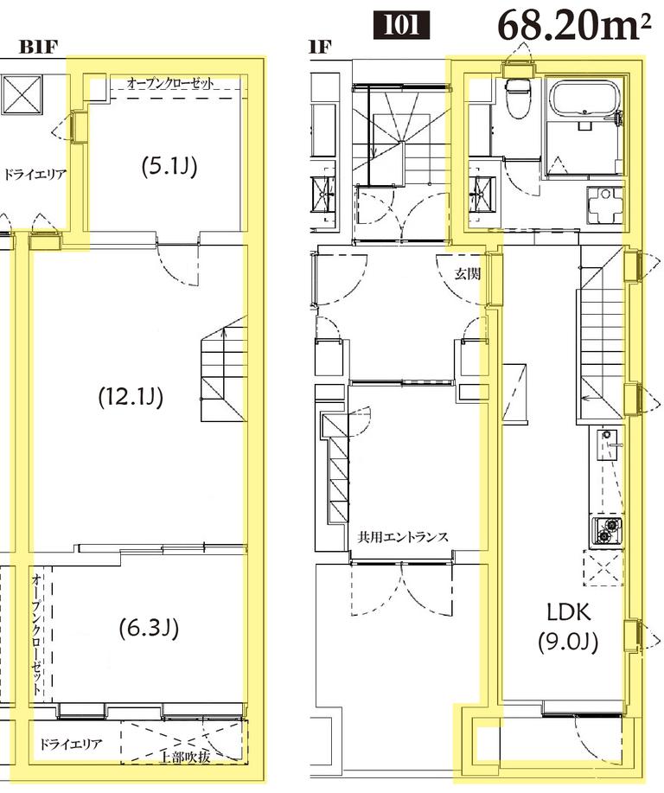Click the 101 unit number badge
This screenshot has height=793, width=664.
(x=401, y=25)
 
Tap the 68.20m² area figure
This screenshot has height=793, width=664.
(x=574, y=25)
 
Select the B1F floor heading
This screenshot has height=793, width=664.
(x=38, y=47)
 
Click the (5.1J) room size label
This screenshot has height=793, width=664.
(x=169, y=165)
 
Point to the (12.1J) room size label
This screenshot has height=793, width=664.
(x=131, y=396)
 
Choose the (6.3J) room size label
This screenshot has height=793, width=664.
(x=150, y=628)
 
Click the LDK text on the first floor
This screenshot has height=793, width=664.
(x=569, y=612)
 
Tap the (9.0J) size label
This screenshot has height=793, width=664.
(x=568, y=643)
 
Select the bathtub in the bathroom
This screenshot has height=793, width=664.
(x=584, y=100)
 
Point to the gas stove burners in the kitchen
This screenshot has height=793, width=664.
(x=607, y=530)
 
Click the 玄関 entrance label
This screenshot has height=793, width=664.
(x=467, y=274)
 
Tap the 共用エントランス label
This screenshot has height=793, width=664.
(x=403, y=536)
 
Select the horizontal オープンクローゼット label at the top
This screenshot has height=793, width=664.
(x=170, y=83)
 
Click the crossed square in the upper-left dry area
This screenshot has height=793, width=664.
(x=22, y=95)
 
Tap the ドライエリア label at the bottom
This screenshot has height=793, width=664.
(x=71, y=744)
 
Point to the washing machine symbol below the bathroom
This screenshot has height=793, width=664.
(x=604, y=206)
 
